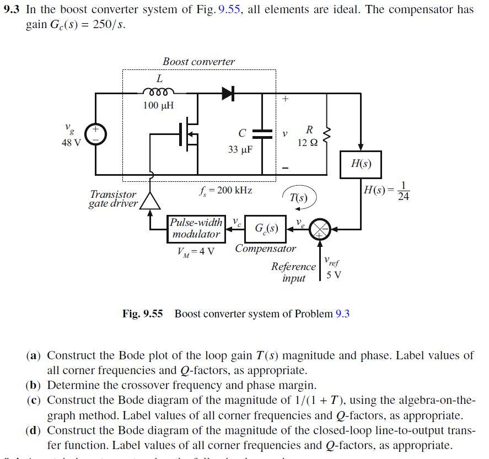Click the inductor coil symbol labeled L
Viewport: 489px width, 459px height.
point(159,91)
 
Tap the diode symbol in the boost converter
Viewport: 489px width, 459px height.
point(228,94)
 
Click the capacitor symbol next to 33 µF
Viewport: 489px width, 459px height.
point(262,133)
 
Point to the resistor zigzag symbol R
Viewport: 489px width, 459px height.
point(327,133)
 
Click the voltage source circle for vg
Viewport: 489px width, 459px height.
point(95,133)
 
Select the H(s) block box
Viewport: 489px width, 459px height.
point(361,164)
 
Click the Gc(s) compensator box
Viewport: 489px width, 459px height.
point(266,228)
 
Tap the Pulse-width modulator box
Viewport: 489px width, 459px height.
point(196,229)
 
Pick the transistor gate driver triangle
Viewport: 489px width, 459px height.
point(151,202)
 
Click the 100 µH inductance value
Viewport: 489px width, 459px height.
point(158,105)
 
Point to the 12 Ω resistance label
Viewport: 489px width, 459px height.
point(307,143)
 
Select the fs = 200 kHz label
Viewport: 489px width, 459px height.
point(225,190)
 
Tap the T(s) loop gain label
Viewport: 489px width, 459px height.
point(298,198)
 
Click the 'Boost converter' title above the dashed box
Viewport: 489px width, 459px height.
point(198,62)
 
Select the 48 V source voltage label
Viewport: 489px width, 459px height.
point(71,143)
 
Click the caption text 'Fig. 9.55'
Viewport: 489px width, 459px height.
point(142,314)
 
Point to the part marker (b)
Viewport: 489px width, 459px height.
point(34,385)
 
